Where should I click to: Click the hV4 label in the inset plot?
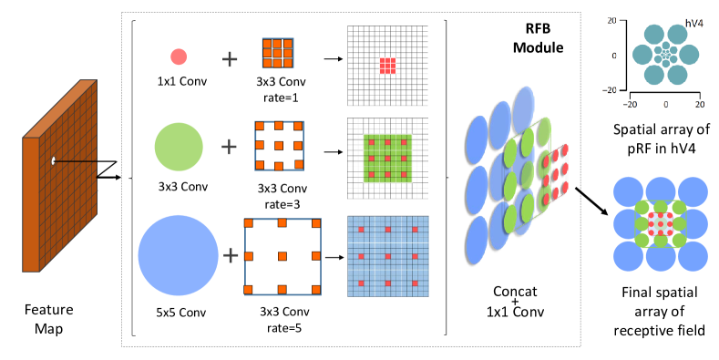point(693,24)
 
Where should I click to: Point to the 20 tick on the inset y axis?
point(612,20)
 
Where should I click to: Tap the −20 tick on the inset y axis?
point(611,90)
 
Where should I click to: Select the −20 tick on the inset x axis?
point(631,105)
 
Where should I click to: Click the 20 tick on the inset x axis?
point(700,105)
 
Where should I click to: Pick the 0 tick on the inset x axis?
point(665,105)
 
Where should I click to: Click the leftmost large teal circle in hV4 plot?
point(642,55)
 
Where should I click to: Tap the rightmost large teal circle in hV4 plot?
point(689,55)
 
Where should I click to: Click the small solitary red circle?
point(179,57)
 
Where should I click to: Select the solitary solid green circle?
point(179,147)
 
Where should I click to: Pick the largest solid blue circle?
point(179,255)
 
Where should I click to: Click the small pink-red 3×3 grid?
point(387,66)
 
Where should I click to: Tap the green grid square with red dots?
point(387,159)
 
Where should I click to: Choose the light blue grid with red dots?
point(388,256)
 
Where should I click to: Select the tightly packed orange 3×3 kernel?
point(278,53)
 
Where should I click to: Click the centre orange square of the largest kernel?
point(282,256)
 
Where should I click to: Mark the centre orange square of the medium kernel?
point(279,145)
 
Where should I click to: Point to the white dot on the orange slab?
point(54,161)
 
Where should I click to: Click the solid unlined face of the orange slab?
point(31,204)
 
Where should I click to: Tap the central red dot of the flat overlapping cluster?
point(661,223)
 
